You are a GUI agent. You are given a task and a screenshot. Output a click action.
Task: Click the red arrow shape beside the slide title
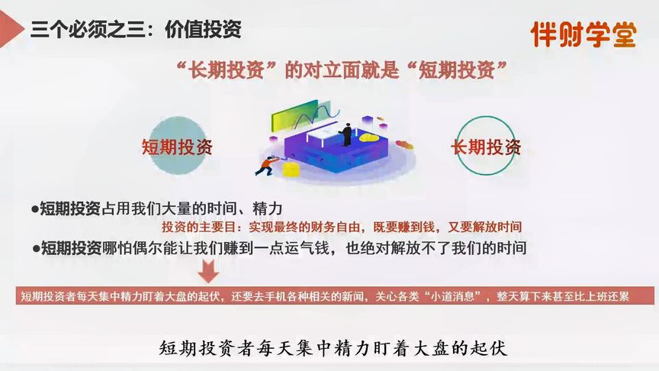(x=9, y=29)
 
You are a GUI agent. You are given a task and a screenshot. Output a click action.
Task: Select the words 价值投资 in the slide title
(x=207, y=30)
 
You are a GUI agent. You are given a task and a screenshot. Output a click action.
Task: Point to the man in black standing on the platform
(x=347, y=134)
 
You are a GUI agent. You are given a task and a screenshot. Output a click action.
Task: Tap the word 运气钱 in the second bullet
(x=313, y=247)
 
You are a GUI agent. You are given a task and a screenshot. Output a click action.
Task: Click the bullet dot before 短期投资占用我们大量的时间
(x=35, y=208)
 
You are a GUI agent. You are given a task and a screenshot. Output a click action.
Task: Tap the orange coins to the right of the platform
(x=403, y=144)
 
